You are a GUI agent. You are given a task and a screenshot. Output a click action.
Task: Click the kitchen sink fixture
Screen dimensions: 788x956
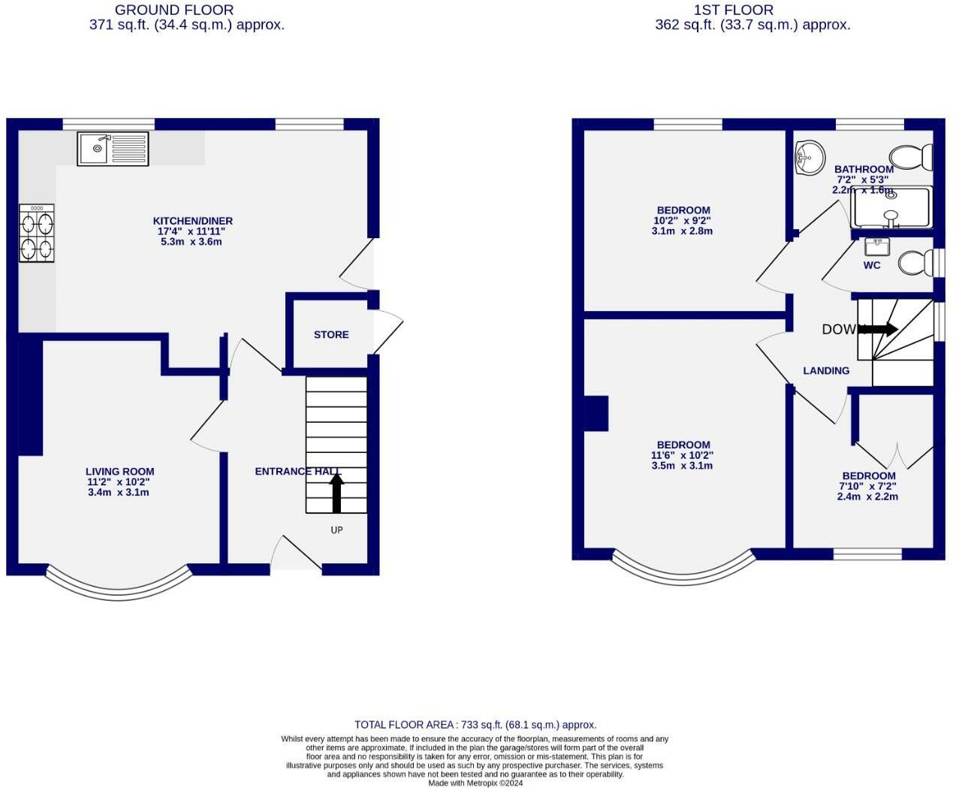(113, 149)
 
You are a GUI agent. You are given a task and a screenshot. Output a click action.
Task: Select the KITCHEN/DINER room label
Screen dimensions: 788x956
(193, 221)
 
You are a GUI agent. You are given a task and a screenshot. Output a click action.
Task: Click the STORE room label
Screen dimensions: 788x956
(331, 334)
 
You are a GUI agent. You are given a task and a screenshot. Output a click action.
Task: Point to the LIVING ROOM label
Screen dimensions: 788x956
(119, 472)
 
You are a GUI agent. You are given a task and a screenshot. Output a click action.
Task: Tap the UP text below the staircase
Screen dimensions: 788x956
(336, 530)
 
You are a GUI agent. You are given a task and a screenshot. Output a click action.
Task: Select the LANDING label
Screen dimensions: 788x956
(826, 370)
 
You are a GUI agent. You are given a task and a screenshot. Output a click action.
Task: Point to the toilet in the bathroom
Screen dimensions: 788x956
(912, 157)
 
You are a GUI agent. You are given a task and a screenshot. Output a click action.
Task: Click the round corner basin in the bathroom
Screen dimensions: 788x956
(809, 158)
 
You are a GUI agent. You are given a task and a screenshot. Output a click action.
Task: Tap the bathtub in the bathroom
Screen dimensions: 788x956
(891, 208)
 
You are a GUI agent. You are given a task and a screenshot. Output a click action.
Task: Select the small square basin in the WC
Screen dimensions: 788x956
(876, 246)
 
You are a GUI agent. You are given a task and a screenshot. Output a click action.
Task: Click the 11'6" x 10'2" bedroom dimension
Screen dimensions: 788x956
(682, 455)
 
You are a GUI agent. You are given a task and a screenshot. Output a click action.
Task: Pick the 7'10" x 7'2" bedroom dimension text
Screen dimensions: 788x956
(867, 486)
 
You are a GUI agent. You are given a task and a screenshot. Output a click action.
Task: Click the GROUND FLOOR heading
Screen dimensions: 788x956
(173, 10)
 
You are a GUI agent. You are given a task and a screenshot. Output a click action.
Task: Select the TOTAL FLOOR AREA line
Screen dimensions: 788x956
(475, 725)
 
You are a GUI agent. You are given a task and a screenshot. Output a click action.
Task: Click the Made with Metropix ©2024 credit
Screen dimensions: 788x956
(475, 783)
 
